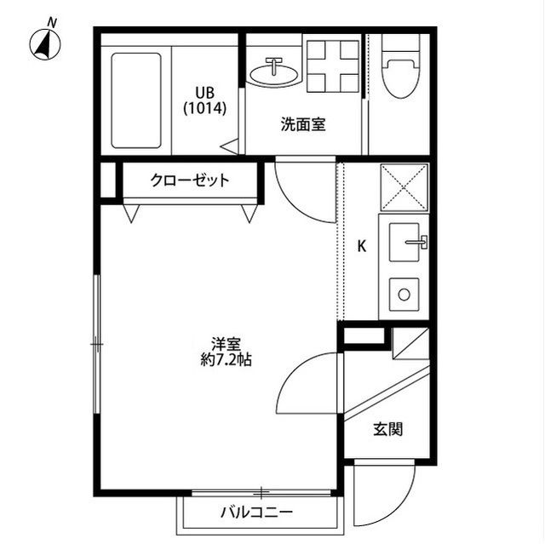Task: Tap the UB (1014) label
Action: pos(204,100)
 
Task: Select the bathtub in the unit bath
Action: pos(136,100)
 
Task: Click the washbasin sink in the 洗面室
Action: pos(273,72)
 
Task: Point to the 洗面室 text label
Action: pos(303,124)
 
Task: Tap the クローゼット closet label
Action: pos(189,180)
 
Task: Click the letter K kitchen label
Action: pos(361,247)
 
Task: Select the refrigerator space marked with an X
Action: pos(403,186)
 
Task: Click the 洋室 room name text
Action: pos(226,344)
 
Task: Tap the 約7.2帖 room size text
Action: pos(226,359)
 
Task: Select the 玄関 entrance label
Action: pos(387,430)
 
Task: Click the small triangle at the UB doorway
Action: pos(230,146)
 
